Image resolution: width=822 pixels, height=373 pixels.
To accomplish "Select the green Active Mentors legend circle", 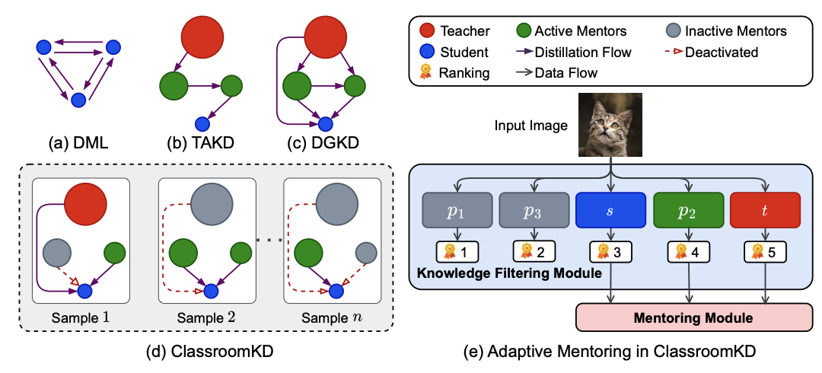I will [x=524, y=31].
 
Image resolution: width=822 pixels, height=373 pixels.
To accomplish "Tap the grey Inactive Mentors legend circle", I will [x=672, y=31].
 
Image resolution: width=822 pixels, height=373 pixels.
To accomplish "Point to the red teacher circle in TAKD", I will [x=202, y=36].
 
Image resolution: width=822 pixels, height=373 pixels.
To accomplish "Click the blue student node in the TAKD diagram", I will [x=202, y=123].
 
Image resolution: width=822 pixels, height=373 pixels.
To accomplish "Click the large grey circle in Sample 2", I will [x=212, y=203].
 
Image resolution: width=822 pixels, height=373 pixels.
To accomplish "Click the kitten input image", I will [x=611, y=125].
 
